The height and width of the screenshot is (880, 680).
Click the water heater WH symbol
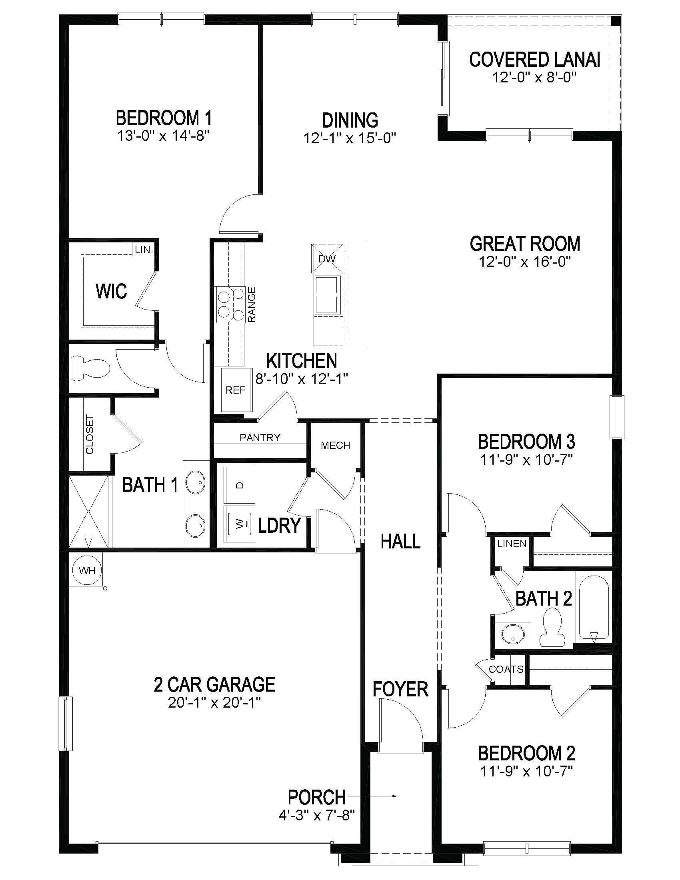[x=87, y=570]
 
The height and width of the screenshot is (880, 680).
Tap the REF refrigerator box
[x=235, y=390]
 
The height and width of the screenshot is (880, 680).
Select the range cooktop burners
[x=231, y=305]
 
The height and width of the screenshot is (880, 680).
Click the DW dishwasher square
[x=327, y=258]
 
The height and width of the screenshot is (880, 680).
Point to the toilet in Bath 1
[x=90, y=368]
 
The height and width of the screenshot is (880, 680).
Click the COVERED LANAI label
[x=534, y=60]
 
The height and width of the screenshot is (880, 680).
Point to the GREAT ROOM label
[x=525, y=244]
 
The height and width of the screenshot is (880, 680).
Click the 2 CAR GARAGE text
[x=214, y=684]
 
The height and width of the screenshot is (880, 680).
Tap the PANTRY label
[x=260, y=438]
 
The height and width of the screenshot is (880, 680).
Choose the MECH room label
[x=335, y=445]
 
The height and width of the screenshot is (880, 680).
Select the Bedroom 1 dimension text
[x=164, y=136]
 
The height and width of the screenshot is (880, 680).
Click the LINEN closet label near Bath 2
[x=512, y=544]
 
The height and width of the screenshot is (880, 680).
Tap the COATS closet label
[x=506, y=669]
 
